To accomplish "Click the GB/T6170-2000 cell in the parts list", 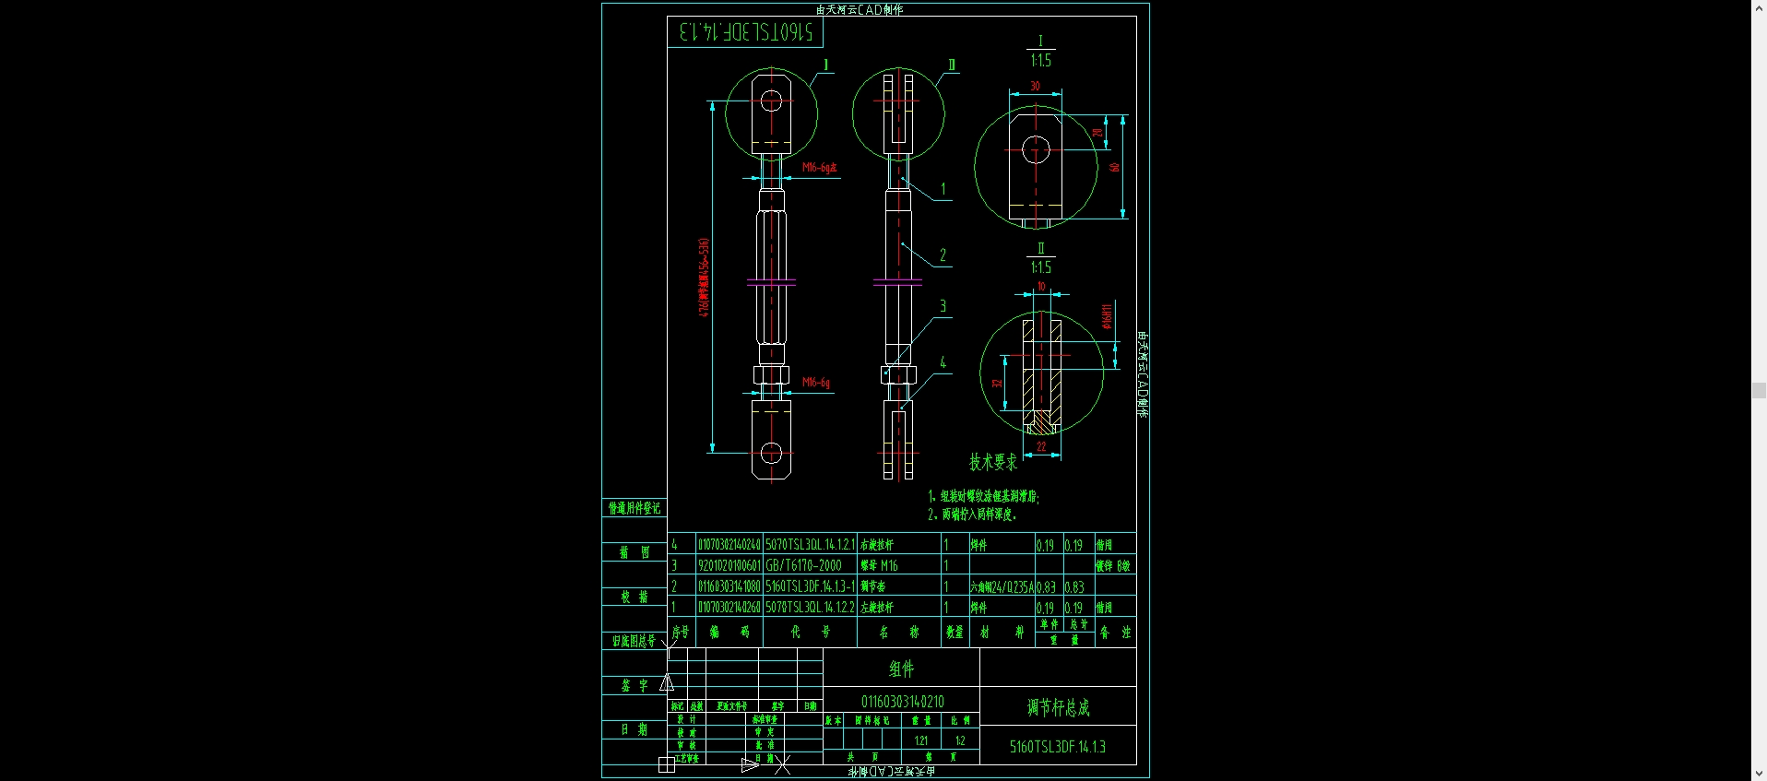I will pyautogui.click(x=803, y=565).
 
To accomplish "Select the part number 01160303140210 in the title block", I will pyautogui.click(x=902, y=702).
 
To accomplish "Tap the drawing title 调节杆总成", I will pyautogui.click(x=1058, y=707).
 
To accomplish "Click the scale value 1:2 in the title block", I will pyautogui.click(x=960, y=740).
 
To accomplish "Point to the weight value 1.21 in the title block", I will pyautogui.click(x=920, y=740).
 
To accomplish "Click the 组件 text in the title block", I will pyautogui.click(x=901, y=669).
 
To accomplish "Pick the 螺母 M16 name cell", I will pyautogui.click(x=879, y=565).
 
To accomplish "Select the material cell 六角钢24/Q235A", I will pyautogui.click(x=1001, y=586).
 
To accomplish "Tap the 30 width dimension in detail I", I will pyautogui.click(x=1035, y=86).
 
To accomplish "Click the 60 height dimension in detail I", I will pyautogui.click(x=1114, y=167).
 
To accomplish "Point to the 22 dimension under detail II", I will pyautogui.click(x=1041, y=446).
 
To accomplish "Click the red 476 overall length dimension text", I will pyautogui.click(x=704, y=278).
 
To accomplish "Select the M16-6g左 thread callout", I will pyautogui.click(x=819, y=168).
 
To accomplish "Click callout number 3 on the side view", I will pyautogui.click(x=943, y=306).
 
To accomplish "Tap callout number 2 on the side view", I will pyautogui.click(x=943, y=255).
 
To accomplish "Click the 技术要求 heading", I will pyautogui.click(x=992, y=462).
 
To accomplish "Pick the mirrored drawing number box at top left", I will pyautogui.click(x=745, y=32).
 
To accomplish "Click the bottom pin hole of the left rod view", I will pyautogui.click(x=771, y=453).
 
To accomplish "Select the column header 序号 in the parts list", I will pyautogui.click(x=681, y=632).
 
